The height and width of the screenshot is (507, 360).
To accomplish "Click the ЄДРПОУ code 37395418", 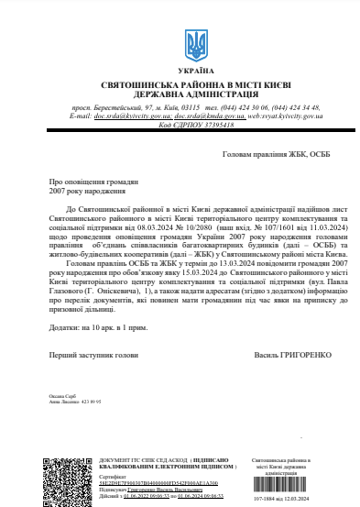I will [x=210, y=126].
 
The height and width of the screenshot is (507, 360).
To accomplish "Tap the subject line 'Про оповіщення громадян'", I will [x=88, y=182].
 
